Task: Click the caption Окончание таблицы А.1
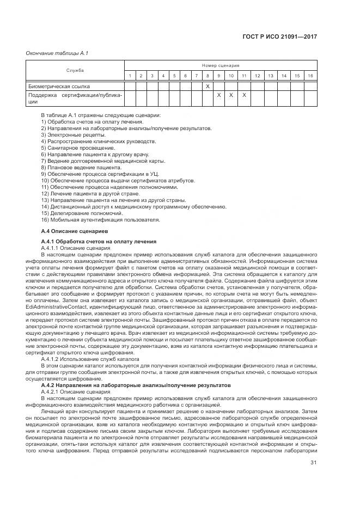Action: pos(53,53)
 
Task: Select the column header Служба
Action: pos(75,70)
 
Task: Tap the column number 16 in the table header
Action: pos(310,75)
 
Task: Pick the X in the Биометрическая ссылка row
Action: pos(208,86)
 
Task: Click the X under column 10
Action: pos(231,95)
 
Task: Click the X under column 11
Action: pos(244,95)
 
